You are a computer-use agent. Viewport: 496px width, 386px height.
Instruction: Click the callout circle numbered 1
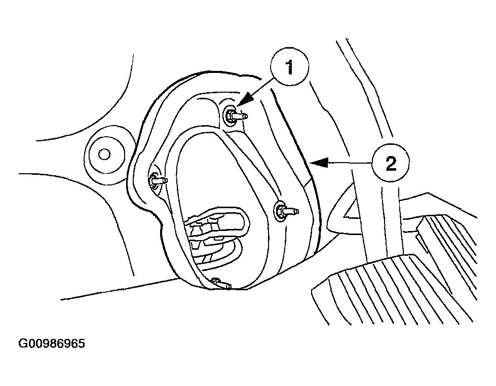pos(289,67)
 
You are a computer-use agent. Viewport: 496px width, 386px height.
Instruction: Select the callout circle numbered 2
pos(390,163)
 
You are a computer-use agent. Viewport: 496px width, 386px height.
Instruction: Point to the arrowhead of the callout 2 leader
pos(318,163)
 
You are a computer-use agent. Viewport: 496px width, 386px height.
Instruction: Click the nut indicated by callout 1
pos(231,114)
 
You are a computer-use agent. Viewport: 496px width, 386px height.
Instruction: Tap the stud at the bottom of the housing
pos(221,283)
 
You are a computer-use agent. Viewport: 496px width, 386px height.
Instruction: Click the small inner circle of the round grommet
pos(104,155)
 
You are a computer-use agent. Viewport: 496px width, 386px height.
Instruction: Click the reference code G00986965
pos(52,343)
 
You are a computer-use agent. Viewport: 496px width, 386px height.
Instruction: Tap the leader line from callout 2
pos(349,163)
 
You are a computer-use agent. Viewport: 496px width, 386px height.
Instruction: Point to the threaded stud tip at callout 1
pos(243,117)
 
